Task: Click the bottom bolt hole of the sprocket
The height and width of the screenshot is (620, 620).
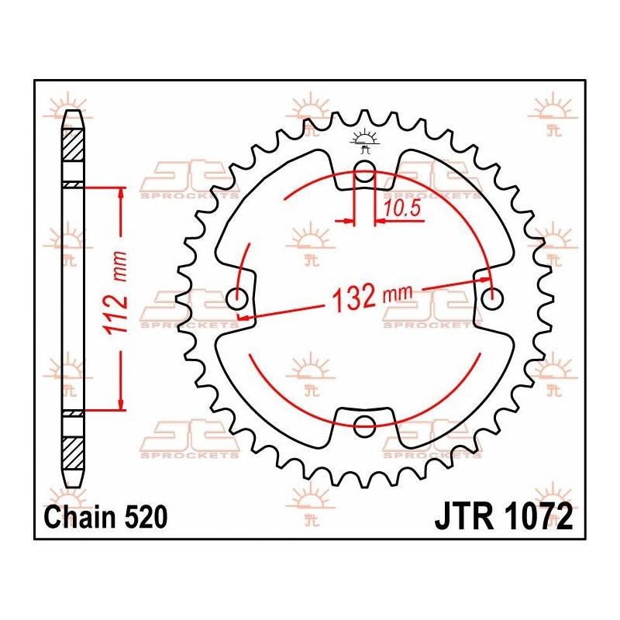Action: (x=364, y=423)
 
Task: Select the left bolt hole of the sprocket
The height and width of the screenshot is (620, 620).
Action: (x=238, y=298)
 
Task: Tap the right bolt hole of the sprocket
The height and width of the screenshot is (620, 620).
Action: (x=490, y=297)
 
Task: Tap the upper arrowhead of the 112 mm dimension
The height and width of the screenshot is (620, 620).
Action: (x=121, y=194)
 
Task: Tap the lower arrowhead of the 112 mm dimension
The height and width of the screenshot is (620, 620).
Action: (x=121, y=402)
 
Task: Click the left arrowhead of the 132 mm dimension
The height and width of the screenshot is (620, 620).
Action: (x=244, y=315)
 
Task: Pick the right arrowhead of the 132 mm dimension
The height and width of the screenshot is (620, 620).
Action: (x=485, y=278)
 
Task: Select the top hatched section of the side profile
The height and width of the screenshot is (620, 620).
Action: (x=71, y=143)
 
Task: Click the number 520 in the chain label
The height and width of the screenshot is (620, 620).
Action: (x=145, y=517)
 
